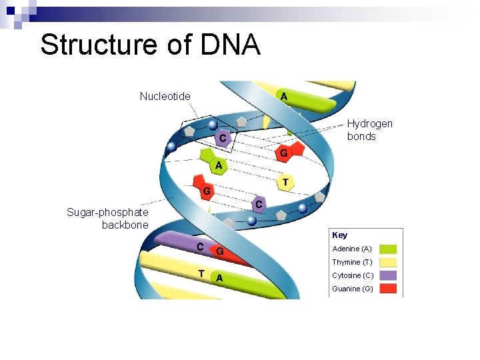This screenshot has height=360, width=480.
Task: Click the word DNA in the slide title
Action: pyautogui.click(x=229, y=45)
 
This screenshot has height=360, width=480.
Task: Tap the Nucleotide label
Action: pyautogui.click(x=165, y=96)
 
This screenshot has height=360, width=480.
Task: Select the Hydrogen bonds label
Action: pyautogui.click(x=369, y=130)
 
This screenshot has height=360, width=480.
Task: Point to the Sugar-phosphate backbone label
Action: pyautogui.click(x=107, y=219)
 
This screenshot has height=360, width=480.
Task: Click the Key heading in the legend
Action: pyautogui.click(x=339, y=235)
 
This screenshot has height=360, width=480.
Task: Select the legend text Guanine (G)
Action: pyautogui.click(x=352, y=289)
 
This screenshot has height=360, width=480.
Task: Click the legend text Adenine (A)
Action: pyautogui.click(x=351, y=249)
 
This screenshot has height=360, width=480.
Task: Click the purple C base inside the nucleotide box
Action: pyautogui.click(x=224, y=138)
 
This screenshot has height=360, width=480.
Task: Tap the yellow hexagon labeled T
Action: pyautogui.click(x=285, y=181)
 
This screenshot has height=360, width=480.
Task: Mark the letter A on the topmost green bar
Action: pyautogui.click(x=284, y=97)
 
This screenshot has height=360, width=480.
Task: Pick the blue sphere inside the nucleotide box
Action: pyautogui.click(x=213, y=125)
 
